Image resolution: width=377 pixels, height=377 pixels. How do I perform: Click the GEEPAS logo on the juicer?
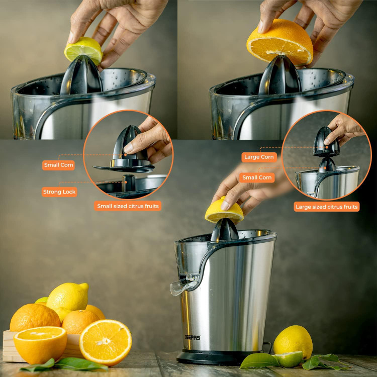[x=193, y=337]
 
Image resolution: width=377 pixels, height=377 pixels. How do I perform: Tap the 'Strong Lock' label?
[x=59, y=192]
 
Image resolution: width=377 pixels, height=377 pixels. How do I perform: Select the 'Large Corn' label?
[x=259, y=157]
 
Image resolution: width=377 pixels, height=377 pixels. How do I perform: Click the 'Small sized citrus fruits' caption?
[x=128, y=206]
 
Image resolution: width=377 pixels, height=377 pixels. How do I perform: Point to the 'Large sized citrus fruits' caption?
[x=327, y=207]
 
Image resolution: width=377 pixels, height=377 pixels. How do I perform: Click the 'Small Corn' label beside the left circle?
[x=58, y=165]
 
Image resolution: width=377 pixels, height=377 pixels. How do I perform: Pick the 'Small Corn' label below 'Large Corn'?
[x=257, y=177]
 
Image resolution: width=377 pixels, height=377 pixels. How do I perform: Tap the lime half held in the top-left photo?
[x=83, y=50]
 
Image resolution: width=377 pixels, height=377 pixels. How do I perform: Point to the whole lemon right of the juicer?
[x=293, y=341]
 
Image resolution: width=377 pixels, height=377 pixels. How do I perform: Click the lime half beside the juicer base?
[x=289, y=359]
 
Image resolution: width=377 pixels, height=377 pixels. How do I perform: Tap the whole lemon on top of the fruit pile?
[x=68, y=297]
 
